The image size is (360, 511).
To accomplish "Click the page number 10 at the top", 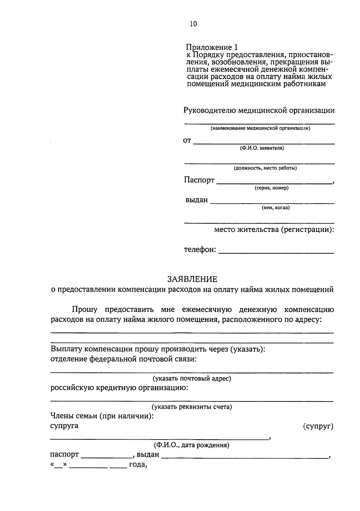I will pos(193,24).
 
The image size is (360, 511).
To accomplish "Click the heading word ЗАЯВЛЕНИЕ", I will pos(192,279).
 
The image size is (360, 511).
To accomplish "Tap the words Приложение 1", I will pos(211,47).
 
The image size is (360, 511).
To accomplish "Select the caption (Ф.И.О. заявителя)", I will pos(262,148).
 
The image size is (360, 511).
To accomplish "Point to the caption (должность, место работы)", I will pos(265,168).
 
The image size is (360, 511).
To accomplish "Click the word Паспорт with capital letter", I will pos(199,180).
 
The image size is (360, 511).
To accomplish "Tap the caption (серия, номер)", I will pos(271,188).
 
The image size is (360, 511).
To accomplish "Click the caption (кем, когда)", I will pos(276,208).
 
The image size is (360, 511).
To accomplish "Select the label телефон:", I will pos(200,250).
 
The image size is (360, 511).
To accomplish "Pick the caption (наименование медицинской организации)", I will pos(260,128).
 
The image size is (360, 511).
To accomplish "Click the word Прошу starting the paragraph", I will pos(85,309).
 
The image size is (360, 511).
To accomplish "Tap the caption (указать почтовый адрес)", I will pos(192,378).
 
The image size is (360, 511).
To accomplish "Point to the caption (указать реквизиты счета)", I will pos(192,407).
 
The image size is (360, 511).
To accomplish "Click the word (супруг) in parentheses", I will pos(318,426).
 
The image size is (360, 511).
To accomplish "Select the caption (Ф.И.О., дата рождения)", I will pos(192,445).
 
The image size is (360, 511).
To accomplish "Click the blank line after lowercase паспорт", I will pos(106,457).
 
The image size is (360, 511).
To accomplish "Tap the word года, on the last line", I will pos(138,465).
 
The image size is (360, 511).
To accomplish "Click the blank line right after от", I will pos(264,143).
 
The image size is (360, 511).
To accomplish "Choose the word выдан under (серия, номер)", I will pos(196,200).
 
